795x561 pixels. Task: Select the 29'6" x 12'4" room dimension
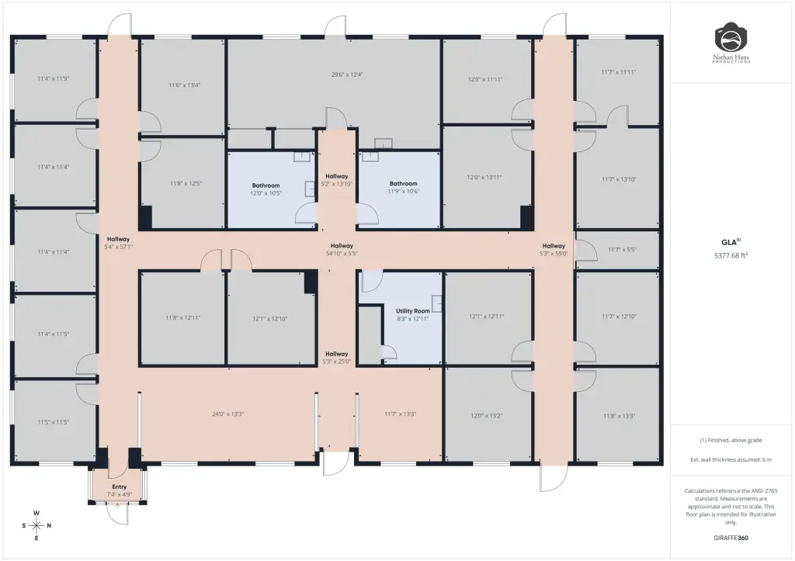347,74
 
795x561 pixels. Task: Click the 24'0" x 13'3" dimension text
228,414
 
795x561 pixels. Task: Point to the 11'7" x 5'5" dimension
622,249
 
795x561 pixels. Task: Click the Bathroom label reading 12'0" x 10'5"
266,189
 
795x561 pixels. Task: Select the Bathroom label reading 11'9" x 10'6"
404,188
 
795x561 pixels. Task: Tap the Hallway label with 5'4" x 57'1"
119,243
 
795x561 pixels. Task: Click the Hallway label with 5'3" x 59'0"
554,249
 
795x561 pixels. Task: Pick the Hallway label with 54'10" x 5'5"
342,249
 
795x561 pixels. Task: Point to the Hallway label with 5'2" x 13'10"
337,180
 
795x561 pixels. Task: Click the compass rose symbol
36,525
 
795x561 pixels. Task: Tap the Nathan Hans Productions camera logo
731,43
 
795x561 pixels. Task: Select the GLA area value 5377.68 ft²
731,255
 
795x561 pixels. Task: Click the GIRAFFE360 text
731,538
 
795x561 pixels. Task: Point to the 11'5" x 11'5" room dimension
54,422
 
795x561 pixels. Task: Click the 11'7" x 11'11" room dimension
619,72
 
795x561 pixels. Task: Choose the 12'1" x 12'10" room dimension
270,319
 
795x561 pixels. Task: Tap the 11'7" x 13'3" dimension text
401,414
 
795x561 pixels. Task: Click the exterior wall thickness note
731,459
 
